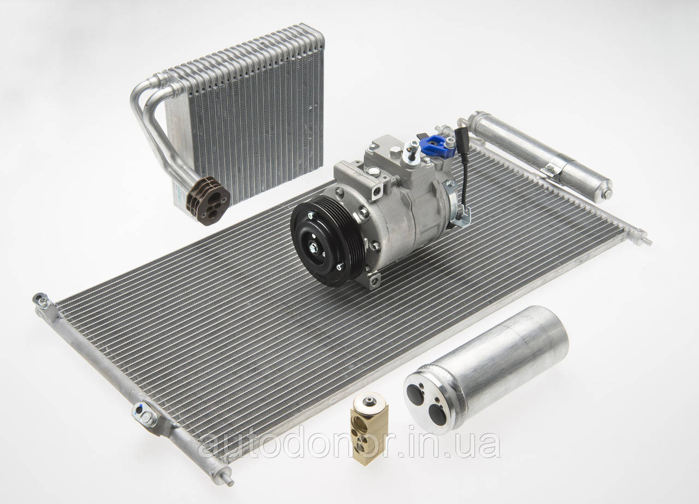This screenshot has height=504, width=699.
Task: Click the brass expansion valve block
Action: [x=370, y=429]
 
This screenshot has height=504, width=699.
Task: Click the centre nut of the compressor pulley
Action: [x=313, y=248]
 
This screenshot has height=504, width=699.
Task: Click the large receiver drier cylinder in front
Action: [x=485, y=369]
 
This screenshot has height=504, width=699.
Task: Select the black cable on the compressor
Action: [x=462, y=169]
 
